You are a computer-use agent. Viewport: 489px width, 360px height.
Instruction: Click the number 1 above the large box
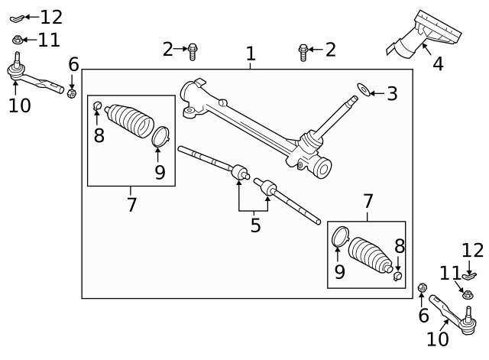tap(251, 54)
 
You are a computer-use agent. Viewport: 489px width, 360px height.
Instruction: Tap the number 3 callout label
tap(392, 93)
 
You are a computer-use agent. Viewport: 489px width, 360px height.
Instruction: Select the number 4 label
tap(438, 64)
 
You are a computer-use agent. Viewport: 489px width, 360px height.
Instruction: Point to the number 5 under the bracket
tap(255, 225)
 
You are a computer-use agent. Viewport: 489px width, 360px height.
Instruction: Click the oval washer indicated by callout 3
tap(364, 89)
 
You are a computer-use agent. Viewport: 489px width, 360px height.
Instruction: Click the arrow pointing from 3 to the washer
tap(377, 93)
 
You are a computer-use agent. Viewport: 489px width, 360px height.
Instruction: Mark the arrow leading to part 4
tap(427, 50)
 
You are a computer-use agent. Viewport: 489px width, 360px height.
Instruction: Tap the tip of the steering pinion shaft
tap(355, 98)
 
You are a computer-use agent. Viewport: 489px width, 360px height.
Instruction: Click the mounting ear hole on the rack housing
tap(189, 111)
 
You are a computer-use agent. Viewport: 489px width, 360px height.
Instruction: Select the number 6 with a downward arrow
tap(73, 65)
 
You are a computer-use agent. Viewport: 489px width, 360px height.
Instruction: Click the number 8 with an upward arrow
tap(99, 136)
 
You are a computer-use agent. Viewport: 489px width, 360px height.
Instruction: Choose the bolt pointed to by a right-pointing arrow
tap(193, 51)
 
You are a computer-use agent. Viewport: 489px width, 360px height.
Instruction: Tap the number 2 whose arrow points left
tap(331, 50)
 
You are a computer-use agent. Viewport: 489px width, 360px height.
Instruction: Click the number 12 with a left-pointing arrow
tap(51, 17)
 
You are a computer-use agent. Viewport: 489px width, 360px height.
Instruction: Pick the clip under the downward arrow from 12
tap(469, 276)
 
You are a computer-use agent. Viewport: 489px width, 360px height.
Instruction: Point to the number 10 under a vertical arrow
tap(20, 105)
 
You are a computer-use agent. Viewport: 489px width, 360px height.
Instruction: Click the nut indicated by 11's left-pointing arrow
tap(18, 40)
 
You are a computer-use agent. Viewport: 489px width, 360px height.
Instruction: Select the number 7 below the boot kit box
tap(132, 205)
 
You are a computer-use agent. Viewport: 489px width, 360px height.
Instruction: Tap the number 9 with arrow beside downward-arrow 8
tap(340, 272)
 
